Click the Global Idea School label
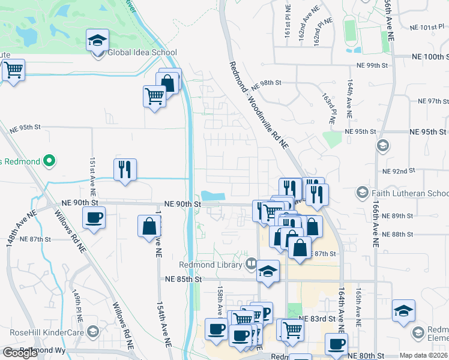[x=142, y=52]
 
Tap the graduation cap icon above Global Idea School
[x=97, y=40]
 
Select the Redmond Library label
[x=211, y=265]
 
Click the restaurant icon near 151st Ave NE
[x=125, y=170]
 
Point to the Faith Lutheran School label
[x=409, y=193]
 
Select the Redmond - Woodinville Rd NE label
[x=259, y=106]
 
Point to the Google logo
[x=20, y=353]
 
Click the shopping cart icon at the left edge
[x=13, y=70]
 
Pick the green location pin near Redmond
[x=50, y=161]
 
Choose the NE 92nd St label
[x=399, y=171]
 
